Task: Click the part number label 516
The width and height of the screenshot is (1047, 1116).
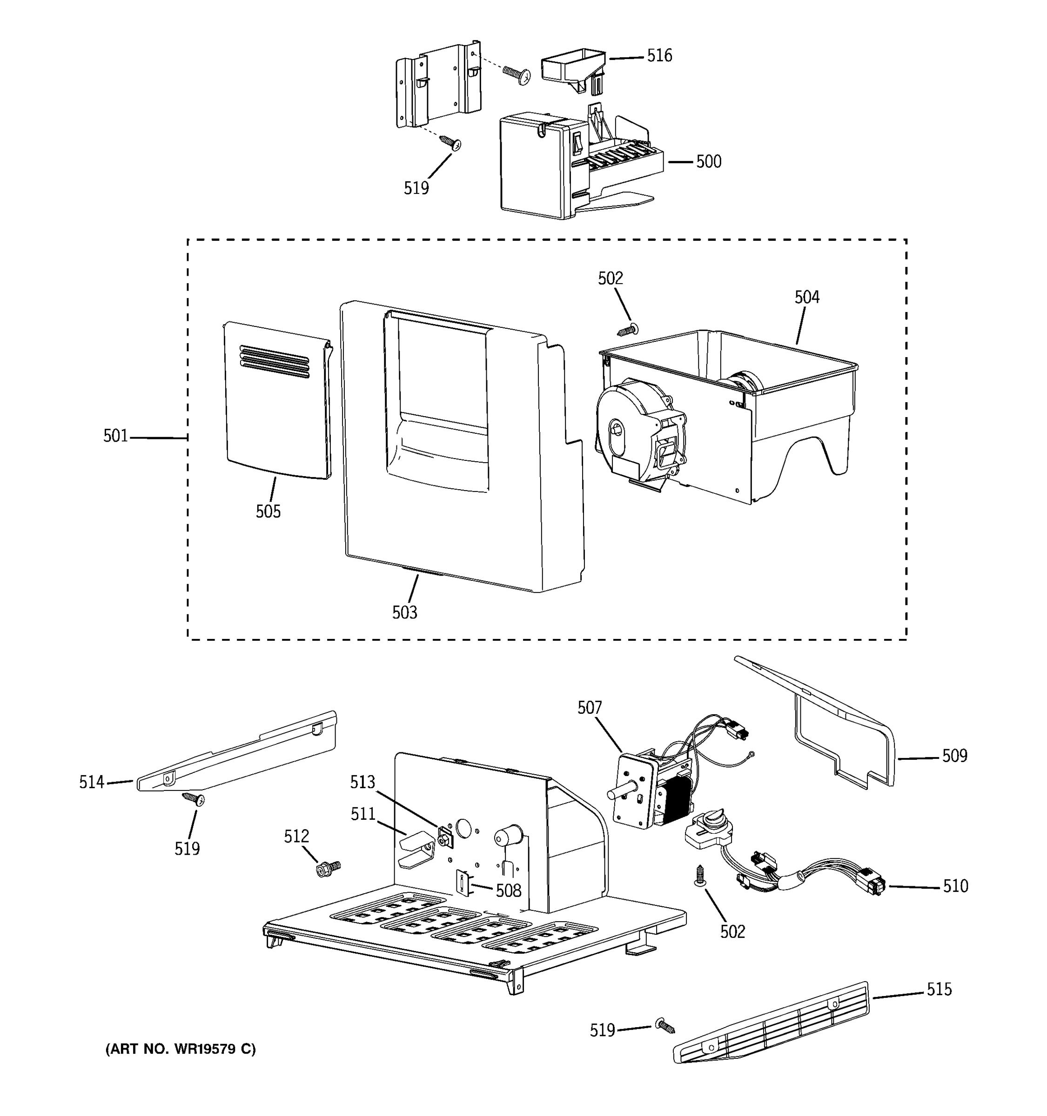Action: [x=659, y=56]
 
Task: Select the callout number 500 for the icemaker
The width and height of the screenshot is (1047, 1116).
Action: [x=708, y=162]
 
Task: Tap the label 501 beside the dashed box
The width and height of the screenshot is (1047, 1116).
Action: [x=116, y=436]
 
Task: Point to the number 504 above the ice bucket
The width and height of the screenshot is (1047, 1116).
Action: [x=806, y=298]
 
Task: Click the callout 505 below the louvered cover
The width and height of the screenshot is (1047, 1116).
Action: [x=268, y=511]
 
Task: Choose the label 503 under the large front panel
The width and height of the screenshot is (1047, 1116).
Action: [x=404, y=612]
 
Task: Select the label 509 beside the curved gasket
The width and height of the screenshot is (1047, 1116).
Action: [x=955, y=756]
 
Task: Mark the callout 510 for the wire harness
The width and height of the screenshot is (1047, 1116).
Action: [x=955, y=886]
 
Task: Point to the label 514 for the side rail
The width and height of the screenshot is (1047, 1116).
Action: [x=92, y=782]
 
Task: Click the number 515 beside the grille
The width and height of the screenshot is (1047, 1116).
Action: [x=939, y=989]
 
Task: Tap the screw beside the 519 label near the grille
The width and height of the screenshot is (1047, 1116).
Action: [x=664, y=1026]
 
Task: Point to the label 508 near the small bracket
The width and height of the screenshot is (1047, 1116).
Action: [x=508, y=890]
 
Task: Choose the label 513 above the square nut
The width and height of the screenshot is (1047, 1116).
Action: [x=362, y=782]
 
